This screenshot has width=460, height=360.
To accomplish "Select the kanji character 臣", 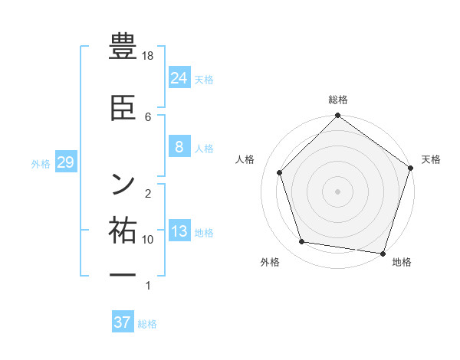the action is tap(123, 107).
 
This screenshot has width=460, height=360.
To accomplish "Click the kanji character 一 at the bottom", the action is tap(123, 274).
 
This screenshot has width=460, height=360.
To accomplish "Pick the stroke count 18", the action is tap(149, 56).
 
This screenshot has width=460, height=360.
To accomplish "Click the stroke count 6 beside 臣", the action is tap(148, 116).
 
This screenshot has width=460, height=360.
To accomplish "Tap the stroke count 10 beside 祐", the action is tap(148, 240).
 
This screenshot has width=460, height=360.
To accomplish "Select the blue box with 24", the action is tap(179, 77).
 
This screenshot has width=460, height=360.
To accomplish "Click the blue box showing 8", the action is tap(179, 147).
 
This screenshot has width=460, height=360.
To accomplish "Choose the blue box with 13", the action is tap(179, 231).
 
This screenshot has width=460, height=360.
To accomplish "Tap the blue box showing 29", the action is tap(65, 162).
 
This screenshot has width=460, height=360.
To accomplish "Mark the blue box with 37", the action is tap(122, 322).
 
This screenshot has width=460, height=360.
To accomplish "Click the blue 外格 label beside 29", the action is tap(41, 164).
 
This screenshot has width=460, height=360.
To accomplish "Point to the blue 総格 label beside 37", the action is tap(147, 324).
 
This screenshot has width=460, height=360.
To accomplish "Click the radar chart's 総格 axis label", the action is tap(337, 100).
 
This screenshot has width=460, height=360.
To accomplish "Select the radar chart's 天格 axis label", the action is tap(431, 159).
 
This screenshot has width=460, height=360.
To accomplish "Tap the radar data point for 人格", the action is tap(280, 172).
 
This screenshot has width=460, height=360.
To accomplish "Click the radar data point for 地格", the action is tap(383, 254).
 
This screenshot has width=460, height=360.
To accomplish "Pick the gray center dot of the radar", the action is tap(337, 191).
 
